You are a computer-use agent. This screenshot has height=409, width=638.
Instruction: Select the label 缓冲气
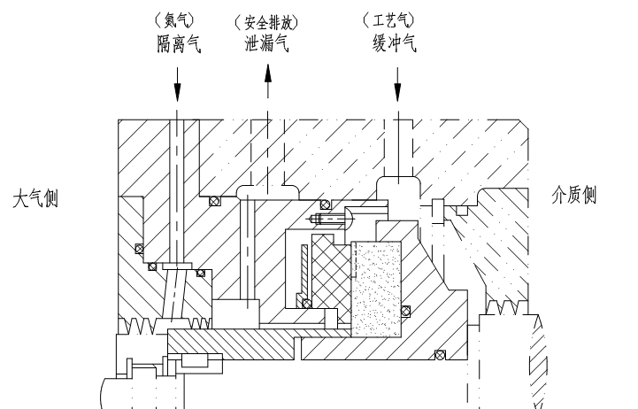coord(396,42)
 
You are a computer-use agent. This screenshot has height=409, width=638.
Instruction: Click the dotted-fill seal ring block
coord(375,288)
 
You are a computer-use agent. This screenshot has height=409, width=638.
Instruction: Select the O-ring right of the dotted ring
coord(406,310)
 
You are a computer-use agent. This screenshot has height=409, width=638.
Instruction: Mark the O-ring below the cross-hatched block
coord(307,304)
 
